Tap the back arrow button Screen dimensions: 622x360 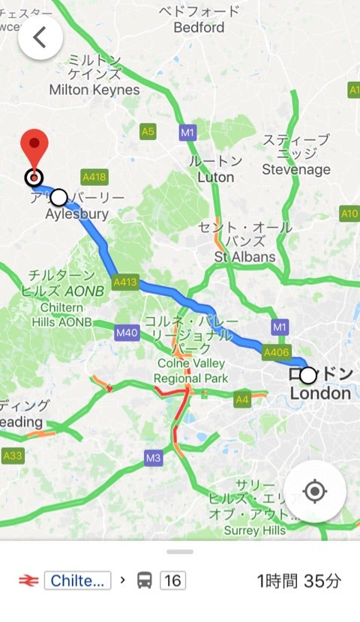[40, 37]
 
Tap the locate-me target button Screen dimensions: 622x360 [314, 492]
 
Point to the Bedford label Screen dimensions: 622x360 [199, 28]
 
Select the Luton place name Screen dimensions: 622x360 [215, 178]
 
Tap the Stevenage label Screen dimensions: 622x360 [296, 170]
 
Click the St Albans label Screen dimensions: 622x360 [244, 257]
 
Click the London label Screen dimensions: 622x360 [320, 393]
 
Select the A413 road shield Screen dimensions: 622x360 [126, 283]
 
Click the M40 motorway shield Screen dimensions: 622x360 [127, 332]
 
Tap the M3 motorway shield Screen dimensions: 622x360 [154, 458]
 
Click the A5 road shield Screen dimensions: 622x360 [148, 132]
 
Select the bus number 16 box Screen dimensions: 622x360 [172, 580]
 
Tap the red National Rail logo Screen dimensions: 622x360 [28, 580]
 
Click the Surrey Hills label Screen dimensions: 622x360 [255, 531]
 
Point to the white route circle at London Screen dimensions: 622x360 [308, 375]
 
